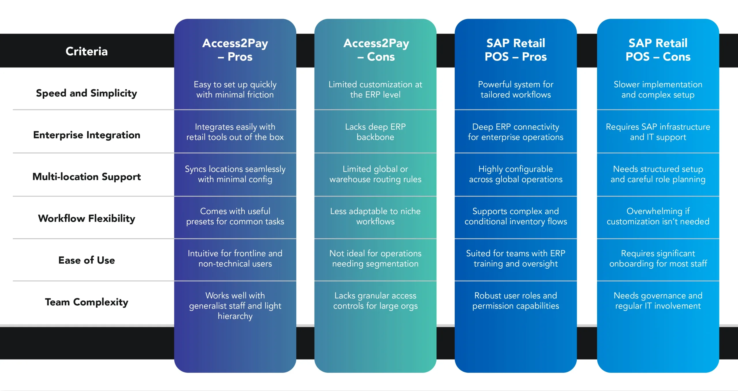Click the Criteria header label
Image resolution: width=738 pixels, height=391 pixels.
(x=86, y=51)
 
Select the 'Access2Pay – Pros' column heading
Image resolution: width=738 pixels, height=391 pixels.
(x=235, y=50)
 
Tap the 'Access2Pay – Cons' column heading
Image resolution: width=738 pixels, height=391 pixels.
(x=376, y=50)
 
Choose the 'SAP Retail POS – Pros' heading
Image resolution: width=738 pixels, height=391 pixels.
(x=516, y=50)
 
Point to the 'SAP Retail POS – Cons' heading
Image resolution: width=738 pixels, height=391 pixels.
(x=658, y=50)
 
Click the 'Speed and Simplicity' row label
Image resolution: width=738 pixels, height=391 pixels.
(x=86, y=93)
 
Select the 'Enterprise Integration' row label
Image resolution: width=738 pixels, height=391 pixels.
(x=86, y=135)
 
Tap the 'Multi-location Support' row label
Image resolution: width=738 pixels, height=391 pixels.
(x=86, y=177)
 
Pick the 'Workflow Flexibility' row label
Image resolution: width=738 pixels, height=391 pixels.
(x=86, y=219)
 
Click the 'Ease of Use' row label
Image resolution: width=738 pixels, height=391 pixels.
(x=86, y=260)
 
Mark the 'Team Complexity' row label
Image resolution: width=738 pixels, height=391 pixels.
(x=86, y=302)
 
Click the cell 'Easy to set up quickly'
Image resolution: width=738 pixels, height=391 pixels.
(x=235, y=90)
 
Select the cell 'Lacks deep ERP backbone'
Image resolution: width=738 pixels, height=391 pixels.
(x=375, y=132)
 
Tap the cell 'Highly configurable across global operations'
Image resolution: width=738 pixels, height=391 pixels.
(x=516, y=174)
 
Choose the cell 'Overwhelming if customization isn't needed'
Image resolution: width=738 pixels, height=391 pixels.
(x=658, y=216)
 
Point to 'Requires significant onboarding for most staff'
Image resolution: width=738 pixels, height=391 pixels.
(x=658, y=258)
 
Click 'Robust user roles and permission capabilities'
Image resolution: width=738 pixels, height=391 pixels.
(x=516, y=301)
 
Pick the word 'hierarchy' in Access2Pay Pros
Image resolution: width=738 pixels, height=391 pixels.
(x=235, y=316)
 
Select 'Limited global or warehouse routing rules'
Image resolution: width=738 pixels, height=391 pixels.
(x=375, y=174)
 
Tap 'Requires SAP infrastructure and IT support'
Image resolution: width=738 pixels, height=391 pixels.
(x=658, y=132)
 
